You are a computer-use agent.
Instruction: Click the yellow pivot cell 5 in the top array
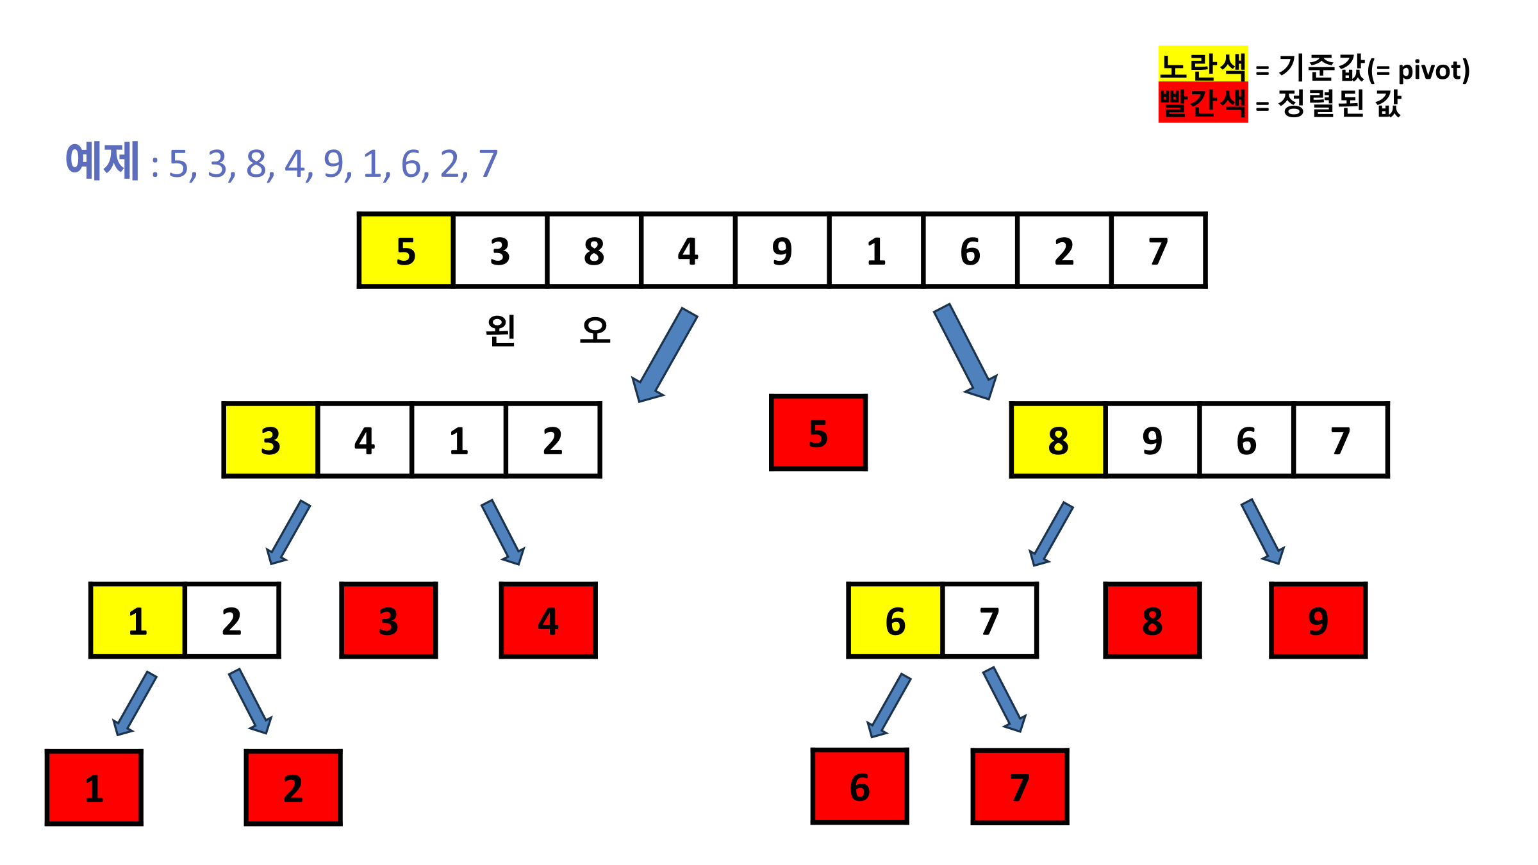[x=406, y=251]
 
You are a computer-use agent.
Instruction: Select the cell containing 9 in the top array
[x=782, y=251]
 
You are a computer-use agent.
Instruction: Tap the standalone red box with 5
[x=818, y=433]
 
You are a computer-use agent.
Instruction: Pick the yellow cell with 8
[x=1058, y=440]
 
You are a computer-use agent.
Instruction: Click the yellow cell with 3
[x=270, y=440]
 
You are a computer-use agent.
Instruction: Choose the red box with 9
[x=1318, y=620]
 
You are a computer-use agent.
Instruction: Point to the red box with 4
[x=548, y=620]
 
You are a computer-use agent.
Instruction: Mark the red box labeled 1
[x=94, y=787]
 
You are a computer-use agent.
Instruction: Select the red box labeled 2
[x=293, y=787]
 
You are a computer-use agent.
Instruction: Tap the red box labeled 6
[x=859, y=786]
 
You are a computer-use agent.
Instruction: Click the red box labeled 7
[x=1020, y=786]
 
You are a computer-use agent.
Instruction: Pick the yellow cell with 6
[x=895, y=620]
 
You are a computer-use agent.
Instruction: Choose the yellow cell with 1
[x=138, y=620]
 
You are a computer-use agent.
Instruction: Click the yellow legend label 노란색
[x=1203, y=65]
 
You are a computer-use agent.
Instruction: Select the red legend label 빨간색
[x=1203, y=103]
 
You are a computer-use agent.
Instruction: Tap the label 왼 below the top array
[x=500, y=331]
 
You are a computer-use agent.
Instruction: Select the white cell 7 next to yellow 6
[x=989, y=620]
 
